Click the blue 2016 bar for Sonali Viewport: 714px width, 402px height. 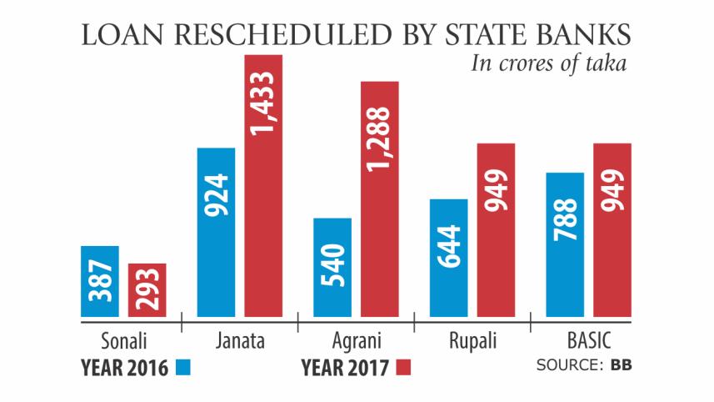click(x=100, y=282)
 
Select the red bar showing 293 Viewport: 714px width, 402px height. click(x=147, y=290)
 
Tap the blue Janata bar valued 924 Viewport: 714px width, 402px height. click(x=216, y=233)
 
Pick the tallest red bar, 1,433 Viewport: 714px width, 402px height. click(x=263, y=186)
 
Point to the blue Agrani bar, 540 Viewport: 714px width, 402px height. click(x=332, y=268)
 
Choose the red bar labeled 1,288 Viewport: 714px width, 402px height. click(x=379, y=199)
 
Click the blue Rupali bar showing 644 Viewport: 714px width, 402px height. click(x=448, y=259)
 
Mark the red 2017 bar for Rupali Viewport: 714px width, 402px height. click(x=496, y=230)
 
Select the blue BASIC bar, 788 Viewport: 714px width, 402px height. click(x=565, y=245)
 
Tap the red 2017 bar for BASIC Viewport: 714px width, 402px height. click(x=612, y=230)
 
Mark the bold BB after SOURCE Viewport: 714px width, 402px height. click(x=622, y=365)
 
